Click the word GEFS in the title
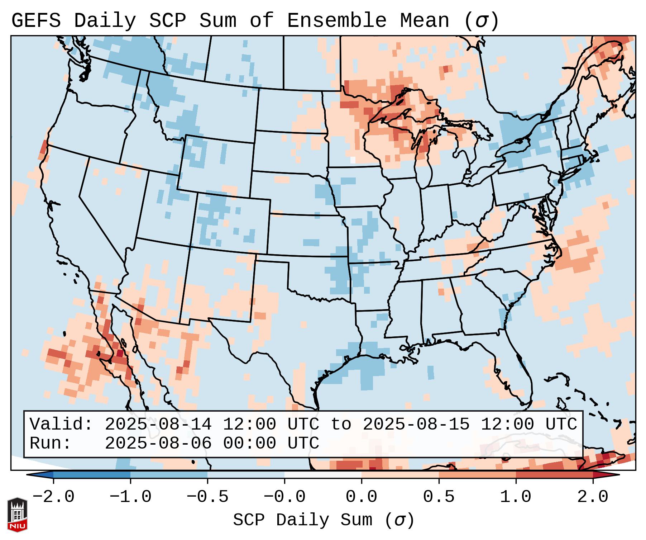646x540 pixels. (36, 21)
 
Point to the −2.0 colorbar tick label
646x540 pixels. (53, 497)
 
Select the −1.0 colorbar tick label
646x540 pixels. (130, 497)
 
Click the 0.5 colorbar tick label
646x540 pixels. (439, 497)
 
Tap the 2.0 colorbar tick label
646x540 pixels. (593, 497)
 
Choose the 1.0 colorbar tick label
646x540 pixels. (516, 497)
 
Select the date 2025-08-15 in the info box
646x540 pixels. (416, 424)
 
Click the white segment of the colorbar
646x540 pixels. (323, 475)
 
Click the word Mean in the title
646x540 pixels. (424, 21)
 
